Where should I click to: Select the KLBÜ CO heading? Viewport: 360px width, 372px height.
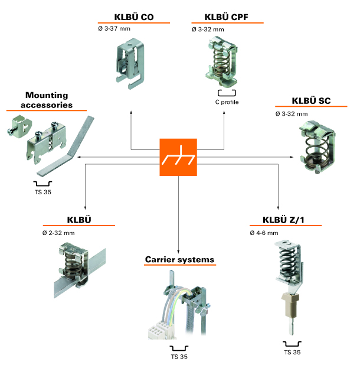point(134,17)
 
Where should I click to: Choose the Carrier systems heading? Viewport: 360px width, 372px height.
point(179,259)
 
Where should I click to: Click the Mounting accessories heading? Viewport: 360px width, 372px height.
point(47,100)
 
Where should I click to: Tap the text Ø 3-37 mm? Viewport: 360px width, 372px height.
point(126,29)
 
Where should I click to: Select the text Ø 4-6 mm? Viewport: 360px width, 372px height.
point(263,233)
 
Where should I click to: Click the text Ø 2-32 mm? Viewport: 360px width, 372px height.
point(58,233)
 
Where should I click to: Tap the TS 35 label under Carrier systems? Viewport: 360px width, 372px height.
point(179,357)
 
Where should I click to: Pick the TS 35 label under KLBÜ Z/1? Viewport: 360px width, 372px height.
point(292,353)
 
